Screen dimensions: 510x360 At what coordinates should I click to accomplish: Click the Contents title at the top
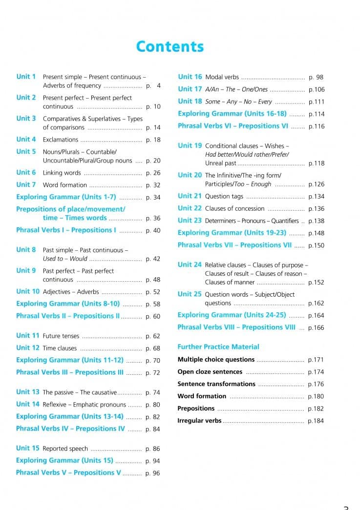pos(169,46)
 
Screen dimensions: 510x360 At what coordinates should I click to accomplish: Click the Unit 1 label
pos(26,77)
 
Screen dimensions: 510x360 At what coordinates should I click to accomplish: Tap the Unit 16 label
pos(190,77)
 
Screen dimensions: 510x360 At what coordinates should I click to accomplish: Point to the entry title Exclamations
pos(61,140)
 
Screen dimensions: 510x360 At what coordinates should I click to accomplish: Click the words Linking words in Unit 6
pos(62,173)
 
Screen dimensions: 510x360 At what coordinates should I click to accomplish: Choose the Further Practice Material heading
pos(218,347)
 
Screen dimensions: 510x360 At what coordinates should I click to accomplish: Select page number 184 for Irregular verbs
pos(316,421)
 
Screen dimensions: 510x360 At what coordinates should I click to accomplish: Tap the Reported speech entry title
pos(65,449)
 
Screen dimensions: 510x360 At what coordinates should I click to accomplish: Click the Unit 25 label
pos(190,294)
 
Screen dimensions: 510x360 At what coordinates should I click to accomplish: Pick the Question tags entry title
pos(224,196)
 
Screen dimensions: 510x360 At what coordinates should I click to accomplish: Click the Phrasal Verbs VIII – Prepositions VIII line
pos(236,327)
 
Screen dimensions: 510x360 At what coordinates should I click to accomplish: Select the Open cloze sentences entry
pos(210,372)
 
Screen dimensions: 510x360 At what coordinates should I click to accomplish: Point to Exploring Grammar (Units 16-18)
pos(232,114)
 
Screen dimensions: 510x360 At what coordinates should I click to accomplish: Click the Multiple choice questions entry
pos(216,360)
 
